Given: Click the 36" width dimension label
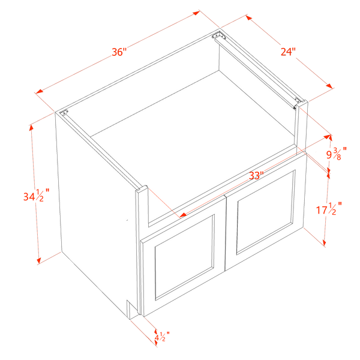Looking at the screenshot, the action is pos(119,52).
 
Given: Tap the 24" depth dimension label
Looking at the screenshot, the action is pos(288,52).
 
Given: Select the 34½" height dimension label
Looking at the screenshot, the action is pos(37,196).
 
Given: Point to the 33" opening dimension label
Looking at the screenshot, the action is pos(256,176).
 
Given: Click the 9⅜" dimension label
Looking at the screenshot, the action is pos(337,154).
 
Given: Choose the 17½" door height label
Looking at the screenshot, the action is pos(329,209).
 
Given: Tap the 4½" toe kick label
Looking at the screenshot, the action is pos(162,337).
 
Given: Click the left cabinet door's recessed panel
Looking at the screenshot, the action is pos(185,257).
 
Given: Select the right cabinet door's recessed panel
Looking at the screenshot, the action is pos(266,212).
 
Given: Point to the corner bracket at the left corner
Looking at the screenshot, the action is pos(64,112).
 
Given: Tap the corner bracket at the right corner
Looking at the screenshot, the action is pos(298,101).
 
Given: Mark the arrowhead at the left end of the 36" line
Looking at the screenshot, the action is pos(39,91).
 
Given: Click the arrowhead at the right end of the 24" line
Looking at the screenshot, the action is pos(329,86).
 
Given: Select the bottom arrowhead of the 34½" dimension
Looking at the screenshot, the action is pos(38,260).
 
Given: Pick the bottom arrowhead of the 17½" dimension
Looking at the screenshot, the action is pos(324,243).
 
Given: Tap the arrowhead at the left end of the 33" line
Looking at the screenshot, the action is pos(183,215).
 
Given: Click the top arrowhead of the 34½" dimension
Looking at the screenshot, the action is pos(31,128).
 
